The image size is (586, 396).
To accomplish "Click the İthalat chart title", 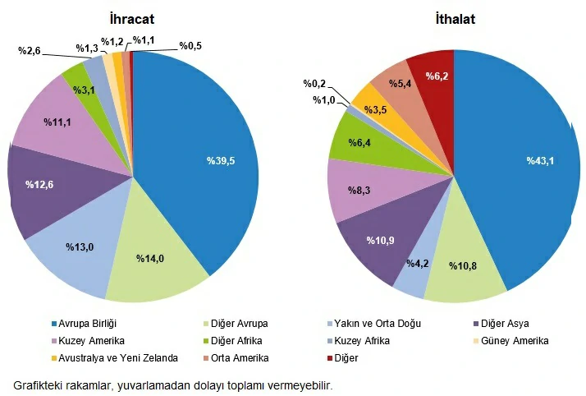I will pos(455,18).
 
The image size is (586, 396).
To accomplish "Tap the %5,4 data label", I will pos(401,84).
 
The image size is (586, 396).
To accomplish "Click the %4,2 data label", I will pos(419,263).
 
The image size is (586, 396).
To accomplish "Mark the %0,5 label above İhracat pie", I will pos(192,45).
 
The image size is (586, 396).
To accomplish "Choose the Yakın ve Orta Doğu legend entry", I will pos(378,324).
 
